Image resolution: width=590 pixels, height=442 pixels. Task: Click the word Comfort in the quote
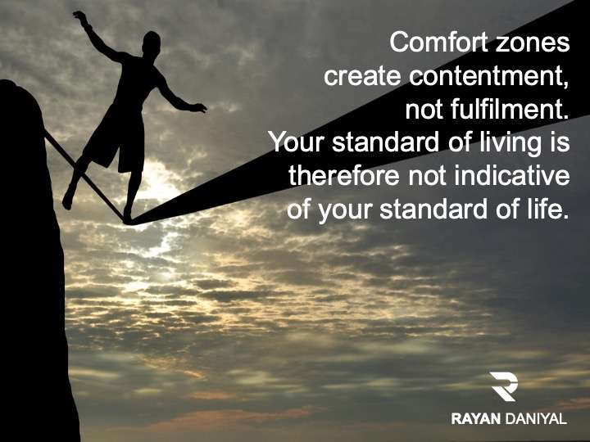439,42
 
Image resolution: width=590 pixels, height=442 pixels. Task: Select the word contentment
489,76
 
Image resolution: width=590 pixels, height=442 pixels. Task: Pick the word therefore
343,175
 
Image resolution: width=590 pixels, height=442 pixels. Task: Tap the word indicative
511,175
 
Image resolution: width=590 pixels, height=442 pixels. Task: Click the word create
362,76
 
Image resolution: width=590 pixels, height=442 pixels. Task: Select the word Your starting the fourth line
297,142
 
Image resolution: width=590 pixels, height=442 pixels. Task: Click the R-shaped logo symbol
503,386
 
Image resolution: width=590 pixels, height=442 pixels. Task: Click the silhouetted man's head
152,43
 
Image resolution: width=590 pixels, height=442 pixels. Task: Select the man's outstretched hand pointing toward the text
198,108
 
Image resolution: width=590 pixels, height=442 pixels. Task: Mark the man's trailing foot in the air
68,198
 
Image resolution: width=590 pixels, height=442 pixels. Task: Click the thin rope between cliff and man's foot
84,176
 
